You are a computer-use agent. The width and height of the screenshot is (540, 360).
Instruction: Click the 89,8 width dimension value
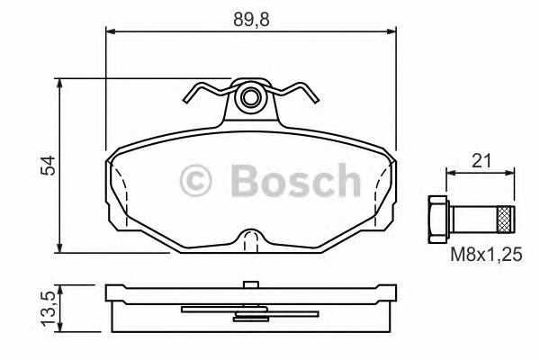(x=251, y=20)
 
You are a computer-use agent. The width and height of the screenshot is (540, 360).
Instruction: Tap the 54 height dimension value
(x=48, y=166)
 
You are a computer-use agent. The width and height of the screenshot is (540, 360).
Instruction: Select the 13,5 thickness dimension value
(x=48, y=309)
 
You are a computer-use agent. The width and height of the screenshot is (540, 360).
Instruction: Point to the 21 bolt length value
(x=481, y=161)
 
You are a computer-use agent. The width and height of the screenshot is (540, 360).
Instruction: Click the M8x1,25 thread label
(x=486, y=256)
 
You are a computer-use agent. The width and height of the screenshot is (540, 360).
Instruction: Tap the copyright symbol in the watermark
(x=195, y=181)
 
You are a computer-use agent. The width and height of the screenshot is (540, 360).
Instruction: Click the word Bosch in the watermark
(x=296, y=180)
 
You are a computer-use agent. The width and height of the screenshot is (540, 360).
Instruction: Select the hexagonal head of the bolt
(x=439, y=219)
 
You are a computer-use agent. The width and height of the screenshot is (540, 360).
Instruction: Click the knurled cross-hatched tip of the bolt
(x=506, y=219)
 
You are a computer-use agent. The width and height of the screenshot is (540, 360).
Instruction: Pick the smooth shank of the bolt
(x=473, y=219)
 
